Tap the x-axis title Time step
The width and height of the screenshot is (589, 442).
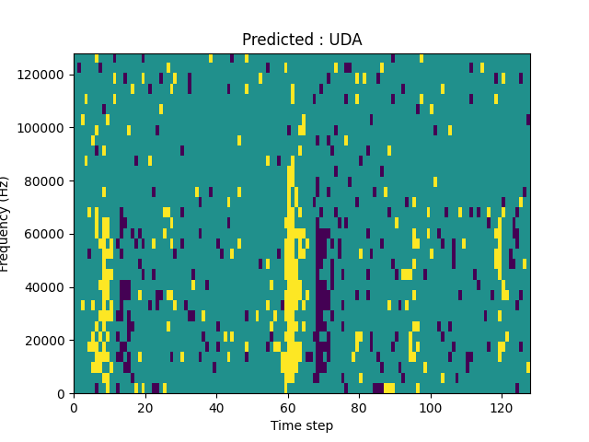[302, 425]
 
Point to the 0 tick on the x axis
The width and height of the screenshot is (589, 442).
[74, 406]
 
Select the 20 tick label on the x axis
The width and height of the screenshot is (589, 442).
[144, 406]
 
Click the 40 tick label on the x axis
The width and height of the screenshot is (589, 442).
[216, 406]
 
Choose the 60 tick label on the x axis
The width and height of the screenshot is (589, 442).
[287, 406]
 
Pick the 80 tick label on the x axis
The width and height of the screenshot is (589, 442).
[359, 406]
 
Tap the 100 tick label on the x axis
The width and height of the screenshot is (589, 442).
[430, 406]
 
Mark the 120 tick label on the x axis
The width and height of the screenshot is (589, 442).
[502, 406]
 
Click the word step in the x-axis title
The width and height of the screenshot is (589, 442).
[318, 426]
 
